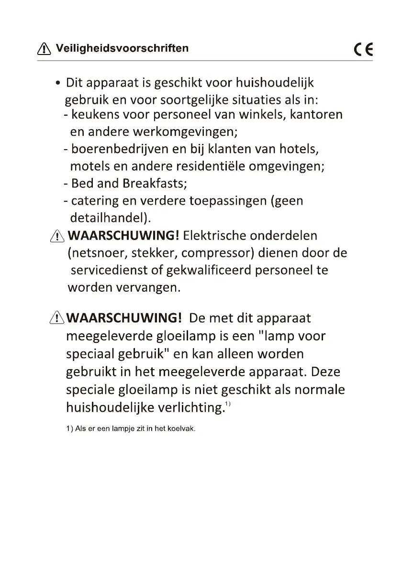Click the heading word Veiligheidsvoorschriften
pyautogui.click(x=122, y=48)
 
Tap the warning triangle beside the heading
pyautogui.click(x=44, y=48)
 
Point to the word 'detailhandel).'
pyautogui.click(x=111, y=218)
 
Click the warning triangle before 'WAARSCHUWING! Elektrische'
pyautogui.click(x=57, y=236)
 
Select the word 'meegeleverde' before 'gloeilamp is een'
pyautogui.click(x=108, y=336)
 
